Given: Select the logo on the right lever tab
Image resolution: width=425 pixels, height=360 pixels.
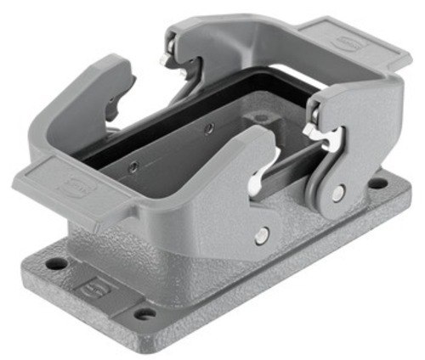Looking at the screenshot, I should click(x=348, y=42).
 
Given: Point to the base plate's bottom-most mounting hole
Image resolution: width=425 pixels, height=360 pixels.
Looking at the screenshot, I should click(x=145, y=313).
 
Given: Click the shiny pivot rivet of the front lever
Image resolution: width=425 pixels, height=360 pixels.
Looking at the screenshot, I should click(x=262, y=234).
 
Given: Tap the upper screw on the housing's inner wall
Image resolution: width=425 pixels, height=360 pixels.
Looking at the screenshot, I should click(x=209, y=128).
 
